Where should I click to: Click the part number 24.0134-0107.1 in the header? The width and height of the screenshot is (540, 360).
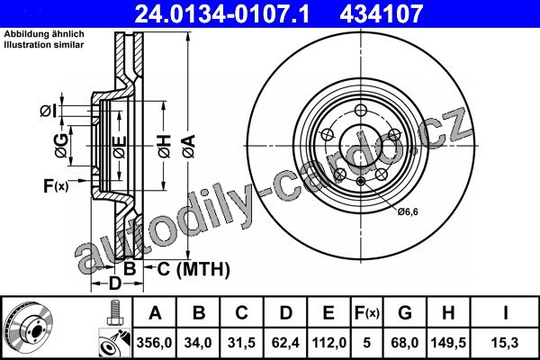click(222, 13)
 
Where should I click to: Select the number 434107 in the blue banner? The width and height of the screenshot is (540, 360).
click(381, 13)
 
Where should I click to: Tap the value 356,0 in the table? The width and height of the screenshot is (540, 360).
click(154, 343)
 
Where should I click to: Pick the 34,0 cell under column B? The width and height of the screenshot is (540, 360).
click(198, 343)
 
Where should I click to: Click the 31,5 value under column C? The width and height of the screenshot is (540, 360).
click(241, 343)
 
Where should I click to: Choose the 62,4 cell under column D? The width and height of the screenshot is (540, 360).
click(285, 343)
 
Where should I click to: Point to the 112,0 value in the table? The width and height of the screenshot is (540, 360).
click(328, 343)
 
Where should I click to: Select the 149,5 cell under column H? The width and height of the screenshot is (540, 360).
click(448, 343)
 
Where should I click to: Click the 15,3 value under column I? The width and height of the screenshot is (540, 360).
click(505, 343)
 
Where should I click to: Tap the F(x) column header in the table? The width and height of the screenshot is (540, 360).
click(367, 313)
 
